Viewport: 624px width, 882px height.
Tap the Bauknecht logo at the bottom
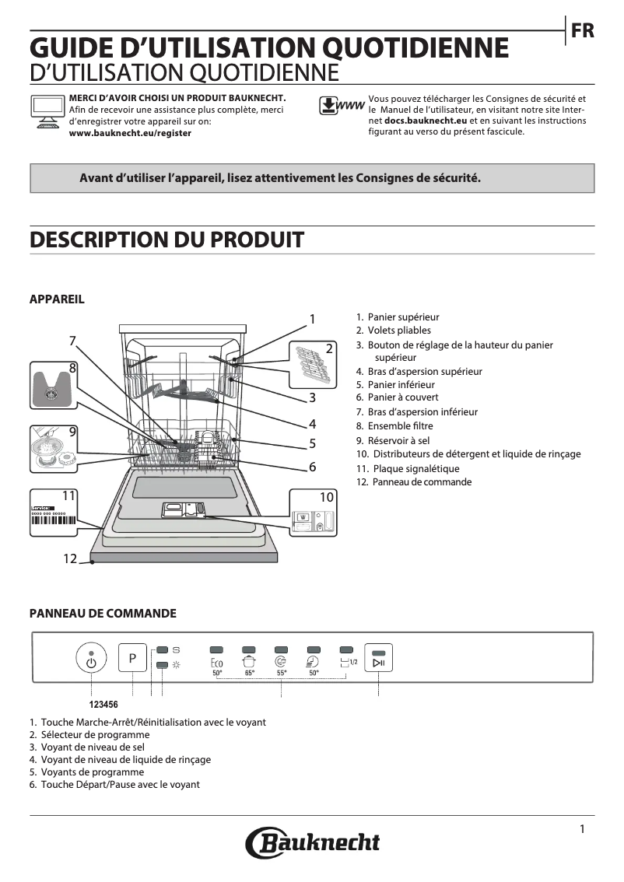tap(313, 842)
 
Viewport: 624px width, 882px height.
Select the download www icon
tap(342, 107)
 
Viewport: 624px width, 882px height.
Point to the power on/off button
tap(92, 660)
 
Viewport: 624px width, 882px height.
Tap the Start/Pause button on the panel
tap(378, 662)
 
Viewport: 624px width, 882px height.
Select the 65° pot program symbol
tap(249, 663)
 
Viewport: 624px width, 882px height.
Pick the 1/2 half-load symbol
tap(348, 663)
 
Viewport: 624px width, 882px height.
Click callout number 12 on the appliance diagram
tap(70, 558)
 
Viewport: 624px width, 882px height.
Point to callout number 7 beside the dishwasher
tap(72, 341)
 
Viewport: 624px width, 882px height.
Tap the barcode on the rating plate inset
tap(54, 523)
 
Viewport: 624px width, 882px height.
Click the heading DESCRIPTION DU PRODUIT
tap(167, 240)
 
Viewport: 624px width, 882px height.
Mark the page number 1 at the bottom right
tap(582, 829)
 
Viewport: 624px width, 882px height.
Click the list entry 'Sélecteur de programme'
tap(95, 735)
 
